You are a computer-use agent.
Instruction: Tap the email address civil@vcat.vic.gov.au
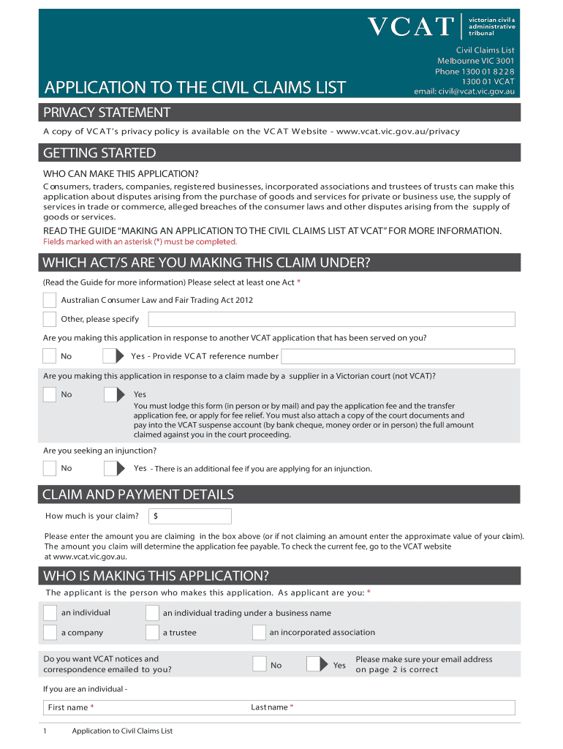pos(464,91)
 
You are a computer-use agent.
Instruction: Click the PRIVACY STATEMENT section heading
pos(107,112)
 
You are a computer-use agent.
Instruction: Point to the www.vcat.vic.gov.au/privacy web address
pos(398,132)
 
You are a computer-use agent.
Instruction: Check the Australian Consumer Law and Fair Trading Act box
pos(50,300)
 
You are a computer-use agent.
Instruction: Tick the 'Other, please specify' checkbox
pos(50,319)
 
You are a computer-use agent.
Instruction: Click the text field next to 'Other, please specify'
pos(331,319)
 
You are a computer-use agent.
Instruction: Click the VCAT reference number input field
pos(398,356)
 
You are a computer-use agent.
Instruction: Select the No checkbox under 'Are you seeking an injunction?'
pos(50,468)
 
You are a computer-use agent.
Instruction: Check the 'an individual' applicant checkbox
pos(50,612)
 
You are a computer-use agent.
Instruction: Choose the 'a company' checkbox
pos(50,632)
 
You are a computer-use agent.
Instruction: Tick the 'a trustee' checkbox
pos(152,632)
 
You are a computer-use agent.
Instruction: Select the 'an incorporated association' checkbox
pos(259,632)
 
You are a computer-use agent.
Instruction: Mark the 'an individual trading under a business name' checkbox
pos(152,612)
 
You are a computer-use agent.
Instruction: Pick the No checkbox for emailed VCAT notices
pos(260,664)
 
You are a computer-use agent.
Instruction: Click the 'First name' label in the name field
pos(68,707)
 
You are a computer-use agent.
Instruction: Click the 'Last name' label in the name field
pos(269,707)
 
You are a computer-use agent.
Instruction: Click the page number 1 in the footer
pos(45,731)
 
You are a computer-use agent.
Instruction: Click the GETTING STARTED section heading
pos(99,153)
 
